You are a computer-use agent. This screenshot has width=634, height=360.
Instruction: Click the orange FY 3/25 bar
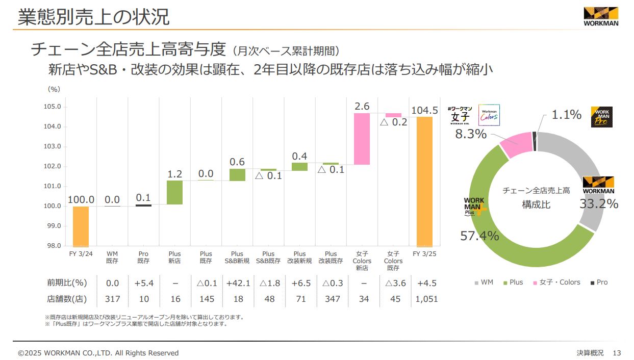point(424,182)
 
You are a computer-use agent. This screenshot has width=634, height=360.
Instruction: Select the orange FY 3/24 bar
point(81,226)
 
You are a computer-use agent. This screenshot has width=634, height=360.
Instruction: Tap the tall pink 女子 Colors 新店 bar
point(362,139)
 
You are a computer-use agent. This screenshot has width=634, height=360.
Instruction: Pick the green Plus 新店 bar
point(174,192)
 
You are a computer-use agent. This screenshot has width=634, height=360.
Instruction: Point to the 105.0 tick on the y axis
point(52,107)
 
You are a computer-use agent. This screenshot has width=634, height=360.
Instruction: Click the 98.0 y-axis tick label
point(52,246)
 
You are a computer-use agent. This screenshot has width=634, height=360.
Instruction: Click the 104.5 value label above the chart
point(424,111)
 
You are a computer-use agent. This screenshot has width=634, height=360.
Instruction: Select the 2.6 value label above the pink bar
point(362,106)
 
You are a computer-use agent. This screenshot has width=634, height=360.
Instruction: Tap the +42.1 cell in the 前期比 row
point(237,283)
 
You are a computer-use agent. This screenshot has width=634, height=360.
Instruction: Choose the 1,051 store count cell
point(426,299)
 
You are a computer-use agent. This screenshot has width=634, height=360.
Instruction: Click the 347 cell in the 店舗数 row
point(332,299)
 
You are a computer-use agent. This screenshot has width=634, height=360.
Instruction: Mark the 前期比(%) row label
point(67,283)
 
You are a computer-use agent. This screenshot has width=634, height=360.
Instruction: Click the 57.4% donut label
point(479,236)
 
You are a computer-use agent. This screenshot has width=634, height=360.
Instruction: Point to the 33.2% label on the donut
point(599,204)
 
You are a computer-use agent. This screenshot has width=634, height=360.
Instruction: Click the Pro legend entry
point(599,282)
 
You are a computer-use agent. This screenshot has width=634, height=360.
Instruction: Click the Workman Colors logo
point(489,115)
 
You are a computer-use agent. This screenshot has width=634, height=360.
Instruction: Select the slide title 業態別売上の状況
point(93,17)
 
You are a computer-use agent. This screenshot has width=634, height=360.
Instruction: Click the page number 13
point(617,353)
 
